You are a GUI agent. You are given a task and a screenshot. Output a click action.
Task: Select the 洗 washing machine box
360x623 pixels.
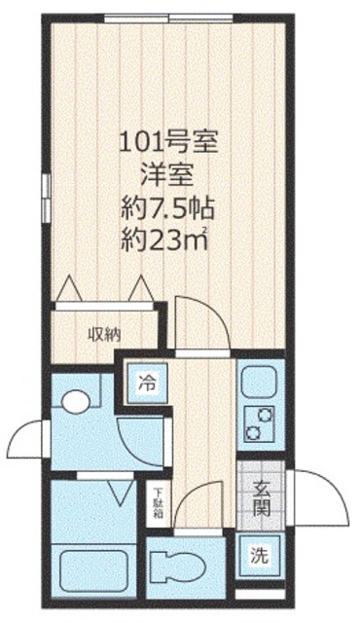259,558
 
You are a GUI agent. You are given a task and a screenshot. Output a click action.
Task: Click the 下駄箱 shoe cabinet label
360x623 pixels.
157,503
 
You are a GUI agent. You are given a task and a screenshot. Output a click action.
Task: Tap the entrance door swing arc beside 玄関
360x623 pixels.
319,498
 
